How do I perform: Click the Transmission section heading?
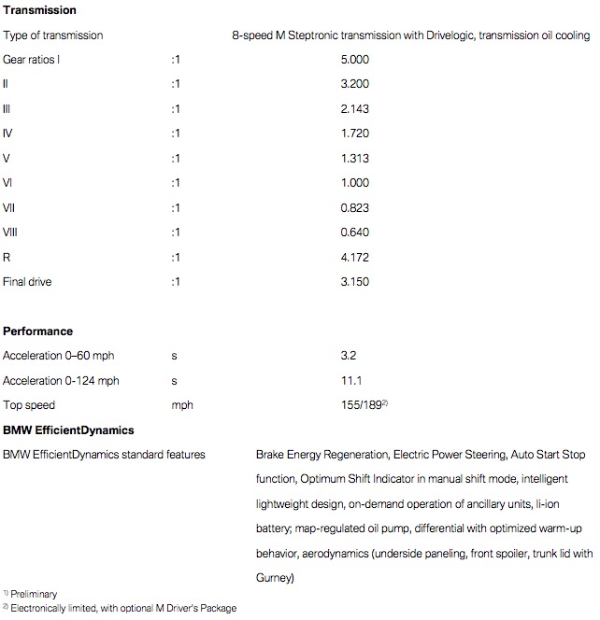tap(40, 10)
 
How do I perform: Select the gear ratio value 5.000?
tap(357, 60)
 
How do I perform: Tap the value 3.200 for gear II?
tap(357, 84)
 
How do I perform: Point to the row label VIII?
tap(11, 232)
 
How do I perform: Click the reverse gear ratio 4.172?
tap(357, 256)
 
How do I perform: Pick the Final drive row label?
tap(28, 281)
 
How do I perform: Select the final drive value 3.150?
tap(357, 281)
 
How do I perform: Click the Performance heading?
tap(37, 331)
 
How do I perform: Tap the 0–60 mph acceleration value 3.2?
tap(350, 356)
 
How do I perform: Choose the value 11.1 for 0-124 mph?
tap(351, 381)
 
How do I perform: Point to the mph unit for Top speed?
tap(181, 405)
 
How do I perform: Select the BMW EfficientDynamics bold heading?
tap(68, 430)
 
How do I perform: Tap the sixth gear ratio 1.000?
tap(357, 183)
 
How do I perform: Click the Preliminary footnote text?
tap(34, 593)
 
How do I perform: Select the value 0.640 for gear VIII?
tap(357, 232)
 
